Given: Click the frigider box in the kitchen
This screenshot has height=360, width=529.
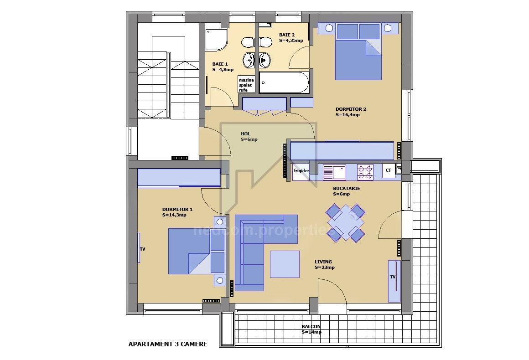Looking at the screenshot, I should pyautogui.click(x=301, y=171).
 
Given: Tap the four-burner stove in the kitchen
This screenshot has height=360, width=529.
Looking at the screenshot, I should pyautogui.click(x=365, y=172).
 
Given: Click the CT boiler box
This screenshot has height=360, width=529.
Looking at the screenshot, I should pyautogui.click(x=389, y=170).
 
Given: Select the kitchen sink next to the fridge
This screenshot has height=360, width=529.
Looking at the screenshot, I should pyautogui.click(x=334, y=172).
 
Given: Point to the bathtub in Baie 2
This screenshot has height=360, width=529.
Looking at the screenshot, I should pyautogui.click(x=284, y=82).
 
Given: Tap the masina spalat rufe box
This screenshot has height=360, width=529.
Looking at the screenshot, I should pyautogui.click(x=246, y=85).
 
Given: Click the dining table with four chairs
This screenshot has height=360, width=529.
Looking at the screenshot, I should pyautogui.click(x=346, y=222).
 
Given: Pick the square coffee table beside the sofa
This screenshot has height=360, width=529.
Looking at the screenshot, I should pyautogui.click(x=285, y=264).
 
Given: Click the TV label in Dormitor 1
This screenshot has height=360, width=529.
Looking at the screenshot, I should pyautogui.click(x=142, y=249).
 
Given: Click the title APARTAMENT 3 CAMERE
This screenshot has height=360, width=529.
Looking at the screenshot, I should pyautogui.click(x=168, y=344).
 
